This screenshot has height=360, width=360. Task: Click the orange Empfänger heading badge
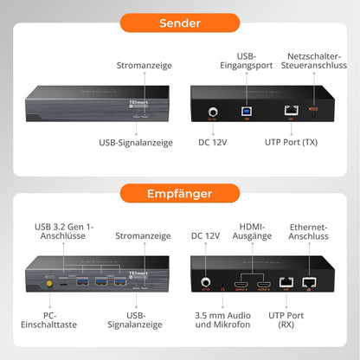coord(179,193)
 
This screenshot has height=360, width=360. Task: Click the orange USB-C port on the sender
coord(314,111)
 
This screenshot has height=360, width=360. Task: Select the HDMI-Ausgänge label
coord(252,232)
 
